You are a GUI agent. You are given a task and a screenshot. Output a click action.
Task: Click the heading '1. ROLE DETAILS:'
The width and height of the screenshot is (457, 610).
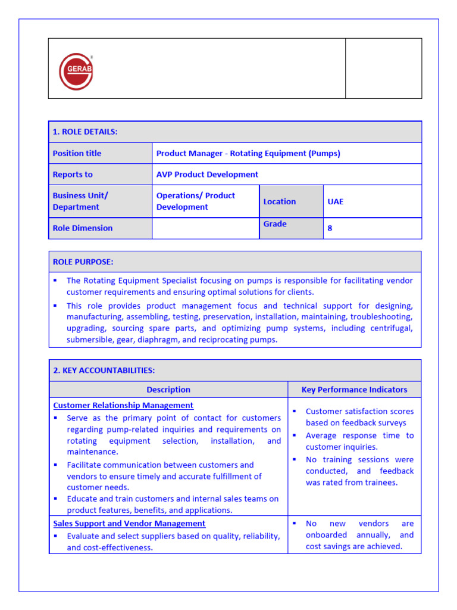point(85,132)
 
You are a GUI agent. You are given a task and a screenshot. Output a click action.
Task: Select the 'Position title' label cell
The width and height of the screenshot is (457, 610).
point(77,153)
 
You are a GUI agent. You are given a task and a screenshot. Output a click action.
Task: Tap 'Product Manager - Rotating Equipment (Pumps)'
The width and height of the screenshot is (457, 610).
point(248,153)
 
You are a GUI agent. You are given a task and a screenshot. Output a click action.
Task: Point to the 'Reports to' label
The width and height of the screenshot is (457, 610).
point(73,175)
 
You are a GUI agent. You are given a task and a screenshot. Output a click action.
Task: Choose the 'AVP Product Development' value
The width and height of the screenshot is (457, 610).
point(207,175)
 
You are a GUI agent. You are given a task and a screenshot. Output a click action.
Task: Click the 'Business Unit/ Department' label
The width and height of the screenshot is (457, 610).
point(80,201)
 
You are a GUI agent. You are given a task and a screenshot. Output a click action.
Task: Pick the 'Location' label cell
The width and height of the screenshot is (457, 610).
point(279,201)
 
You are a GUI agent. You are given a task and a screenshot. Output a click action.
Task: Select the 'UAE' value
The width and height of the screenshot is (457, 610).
point(335,201)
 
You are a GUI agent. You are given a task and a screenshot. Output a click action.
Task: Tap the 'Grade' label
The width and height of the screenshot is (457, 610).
point(275,224)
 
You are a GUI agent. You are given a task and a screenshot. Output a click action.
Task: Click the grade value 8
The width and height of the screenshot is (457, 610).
point(330,228)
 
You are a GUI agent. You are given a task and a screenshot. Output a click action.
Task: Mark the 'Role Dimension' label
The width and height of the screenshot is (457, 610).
point(82,228)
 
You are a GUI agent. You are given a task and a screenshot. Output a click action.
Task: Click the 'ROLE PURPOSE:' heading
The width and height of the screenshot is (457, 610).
point(83,262)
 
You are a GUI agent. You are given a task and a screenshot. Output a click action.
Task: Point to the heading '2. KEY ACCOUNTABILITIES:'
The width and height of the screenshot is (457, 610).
point(104,370)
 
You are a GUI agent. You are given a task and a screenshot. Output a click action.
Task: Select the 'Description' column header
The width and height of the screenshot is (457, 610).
point(168,390)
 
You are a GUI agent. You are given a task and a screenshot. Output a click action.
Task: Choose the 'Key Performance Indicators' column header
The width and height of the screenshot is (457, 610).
point(354,390)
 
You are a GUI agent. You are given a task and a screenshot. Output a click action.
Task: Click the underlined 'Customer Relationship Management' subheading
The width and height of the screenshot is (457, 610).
point(123,405)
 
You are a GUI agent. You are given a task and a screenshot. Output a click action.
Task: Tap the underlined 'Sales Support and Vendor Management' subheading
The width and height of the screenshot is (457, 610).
point(129,523)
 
